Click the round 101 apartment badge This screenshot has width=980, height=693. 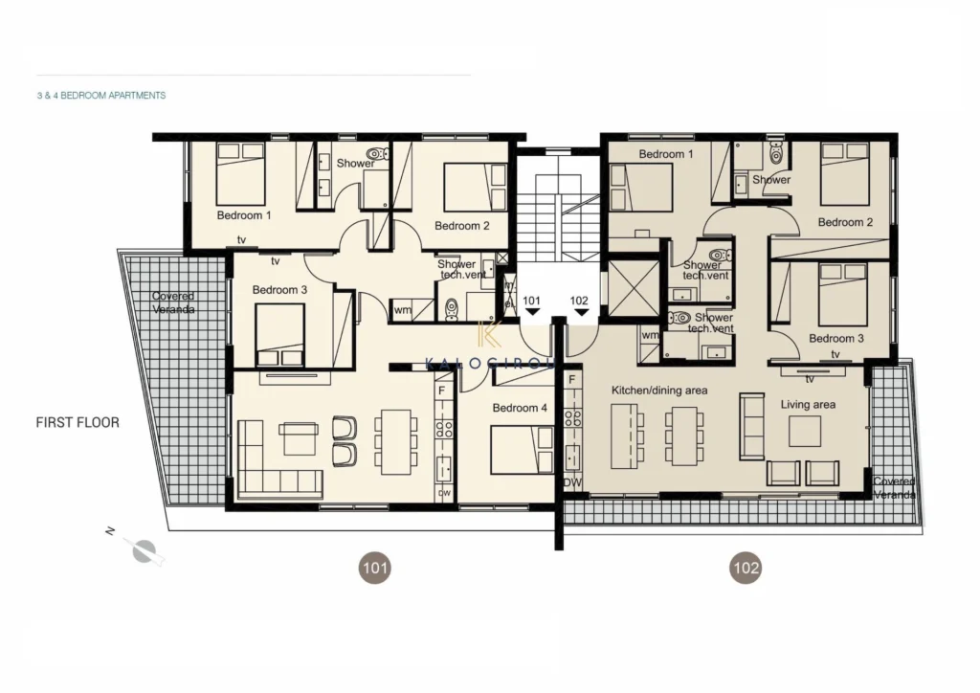[x=374, y=568]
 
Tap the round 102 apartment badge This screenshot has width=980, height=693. [x=746, y=568]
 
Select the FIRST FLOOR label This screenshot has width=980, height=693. [x=78, y=422]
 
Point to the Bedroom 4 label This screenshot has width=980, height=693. [x=520, y=408]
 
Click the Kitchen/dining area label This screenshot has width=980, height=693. [x=659, y=391]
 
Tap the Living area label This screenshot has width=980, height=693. [x=808, y=404]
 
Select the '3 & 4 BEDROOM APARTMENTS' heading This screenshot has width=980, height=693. [x=101, y=96]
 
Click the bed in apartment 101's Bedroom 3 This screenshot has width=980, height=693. [x=280, y=335]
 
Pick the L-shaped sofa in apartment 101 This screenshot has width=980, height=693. [x=279, y=459]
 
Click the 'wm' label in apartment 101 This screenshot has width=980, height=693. [x=403, y=310]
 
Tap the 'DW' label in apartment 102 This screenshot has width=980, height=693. [x=572, y=482]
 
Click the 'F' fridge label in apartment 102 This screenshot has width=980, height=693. [x=572, y=379]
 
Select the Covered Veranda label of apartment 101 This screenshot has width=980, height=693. [x=173, y=302]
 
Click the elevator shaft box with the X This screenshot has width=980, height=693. [x=634, y=287]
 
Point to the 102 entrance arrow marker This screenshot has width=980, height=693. [x=581, y=312]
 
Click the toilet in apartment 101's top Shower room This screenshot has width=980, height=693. [x=377, y=154]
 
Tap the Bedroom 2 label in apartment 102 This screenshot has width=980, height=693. [x=845, y=222]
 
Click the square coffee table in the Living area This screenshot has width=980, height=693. [x=804, y=431]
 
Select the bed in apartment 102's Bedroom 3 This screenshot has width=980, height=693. [x=842, y=294]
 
